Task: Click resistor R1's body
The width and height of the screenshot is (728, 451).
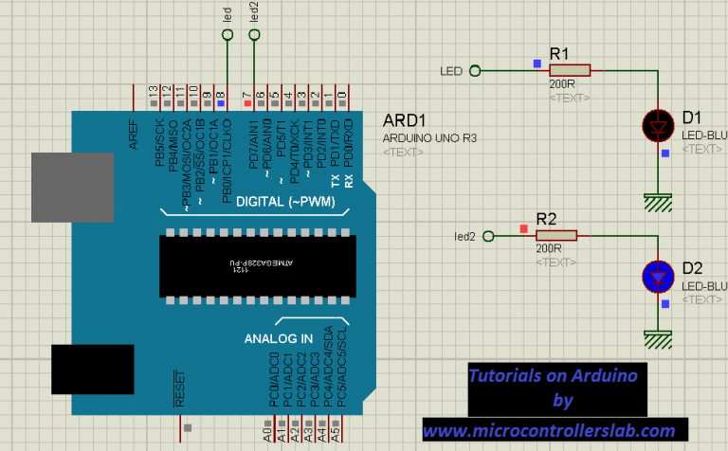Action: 571,69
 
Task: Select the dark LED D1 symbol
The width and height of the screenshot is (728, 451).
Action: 658,124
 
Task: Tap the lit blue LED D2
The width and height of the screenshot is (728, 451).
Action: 658,276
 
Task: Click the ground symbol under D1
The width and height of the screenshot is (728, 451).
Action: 657,200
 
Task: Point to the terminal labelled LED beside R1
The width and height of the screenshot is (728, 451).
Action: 475,70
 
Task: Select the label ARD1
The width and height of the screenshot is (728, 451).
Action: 404,121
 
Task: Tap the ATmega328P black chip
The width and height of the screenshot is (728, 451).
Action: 257,266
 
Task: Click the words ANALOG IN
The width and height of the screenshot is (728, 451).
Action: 279,338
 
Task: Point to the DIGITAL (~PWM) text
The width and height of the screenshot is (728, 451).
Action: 280,202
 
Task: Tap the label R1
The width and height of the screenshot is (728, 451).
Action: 560,52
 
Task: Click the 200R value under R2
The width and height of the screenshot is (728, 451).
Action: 549,248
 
